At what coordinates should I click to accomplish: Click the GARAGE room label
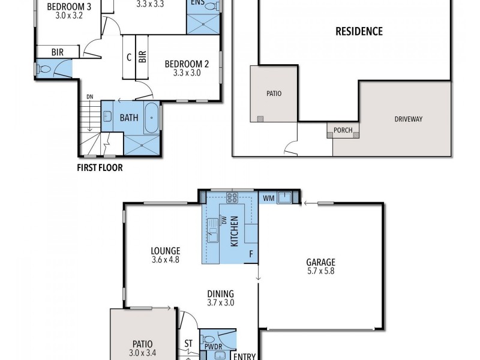(x=320, y=262)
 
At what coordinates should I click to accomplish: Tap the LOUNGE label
(x=166, y=251)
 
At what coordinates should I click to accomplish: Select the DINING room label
(x=220, y=294)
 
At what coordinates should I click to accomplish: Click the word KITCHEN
(x=234, y=231)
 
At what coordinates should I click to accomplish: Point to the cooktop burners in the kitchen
(x=232, y=197)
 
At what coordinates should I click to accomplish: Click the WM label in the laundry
(x=268, y=198)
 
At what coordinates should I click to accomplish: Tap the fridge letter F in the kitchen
(x=251, y=254)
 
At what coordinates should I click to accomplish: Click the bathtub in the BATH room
(x=152, y=118)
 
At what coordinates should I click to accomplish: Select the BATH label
(x=129, y=118)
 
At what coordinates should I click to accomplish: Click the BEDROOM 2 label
(x=187, y=64)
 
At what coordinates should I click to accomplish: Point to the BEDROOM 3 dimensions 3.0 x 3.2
(x=69, y=16)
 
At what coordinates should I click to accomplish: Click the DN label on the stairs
(x=89, y=97)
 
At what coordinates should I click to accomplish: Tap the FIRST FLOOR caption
(x=100, y=168)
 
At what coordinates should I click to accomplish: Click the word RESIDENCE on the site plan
(x=359, y=31)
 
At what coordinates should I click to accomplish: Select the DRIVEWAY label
(x=409, y=119)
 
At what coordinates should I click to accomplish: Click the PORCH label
(x=343, y=130)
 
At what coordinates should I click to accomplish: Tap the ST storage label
(x=188, y=343)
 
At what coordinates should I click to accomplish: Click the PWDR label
(x=213, y=347)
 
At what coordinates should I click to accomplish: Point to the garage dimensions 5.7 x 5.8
(x=320, y=271)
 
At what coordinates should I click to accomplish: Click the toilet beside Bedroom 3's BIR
(x=43, y=68)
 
